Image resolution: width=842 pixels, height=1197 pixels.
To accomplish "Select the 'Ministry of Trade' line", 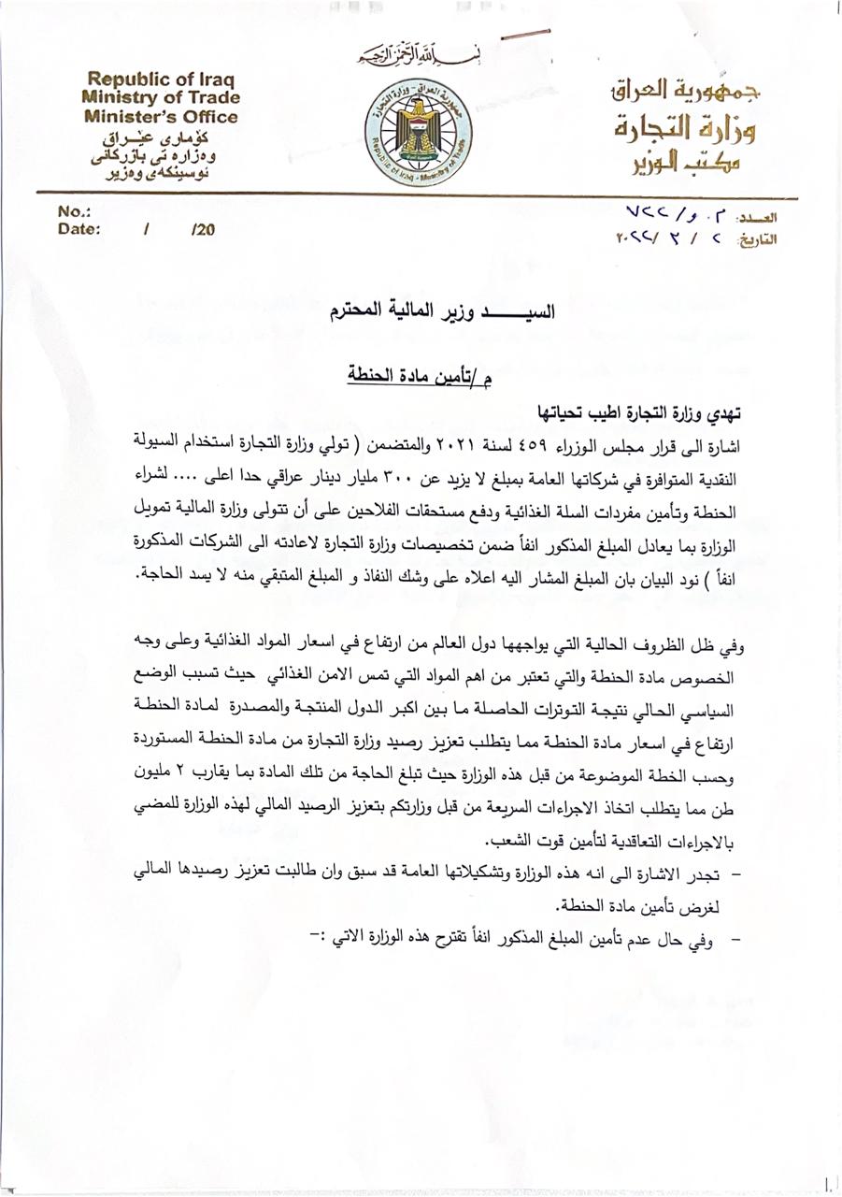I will (160, 97).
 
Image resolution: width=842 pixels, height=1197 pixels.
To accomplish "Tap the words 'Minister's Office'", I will (160, 117).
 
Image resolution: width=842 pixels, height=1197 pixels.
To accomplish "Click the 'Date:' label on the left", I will (78, 228).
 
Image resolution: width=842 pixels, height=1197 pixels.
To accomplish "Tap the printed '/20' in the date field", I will (202, 229).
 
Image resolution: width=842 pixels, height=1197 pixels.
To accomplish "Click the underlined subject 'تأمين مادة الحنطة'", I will (417, 374).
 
